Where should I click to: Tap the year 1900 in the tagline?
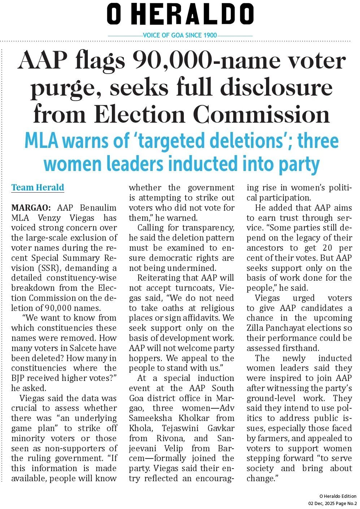coord(210,35)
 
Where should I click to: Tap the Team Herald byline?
coord(38,188)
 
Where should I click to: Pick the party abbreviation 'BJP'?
coord(18,378)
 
